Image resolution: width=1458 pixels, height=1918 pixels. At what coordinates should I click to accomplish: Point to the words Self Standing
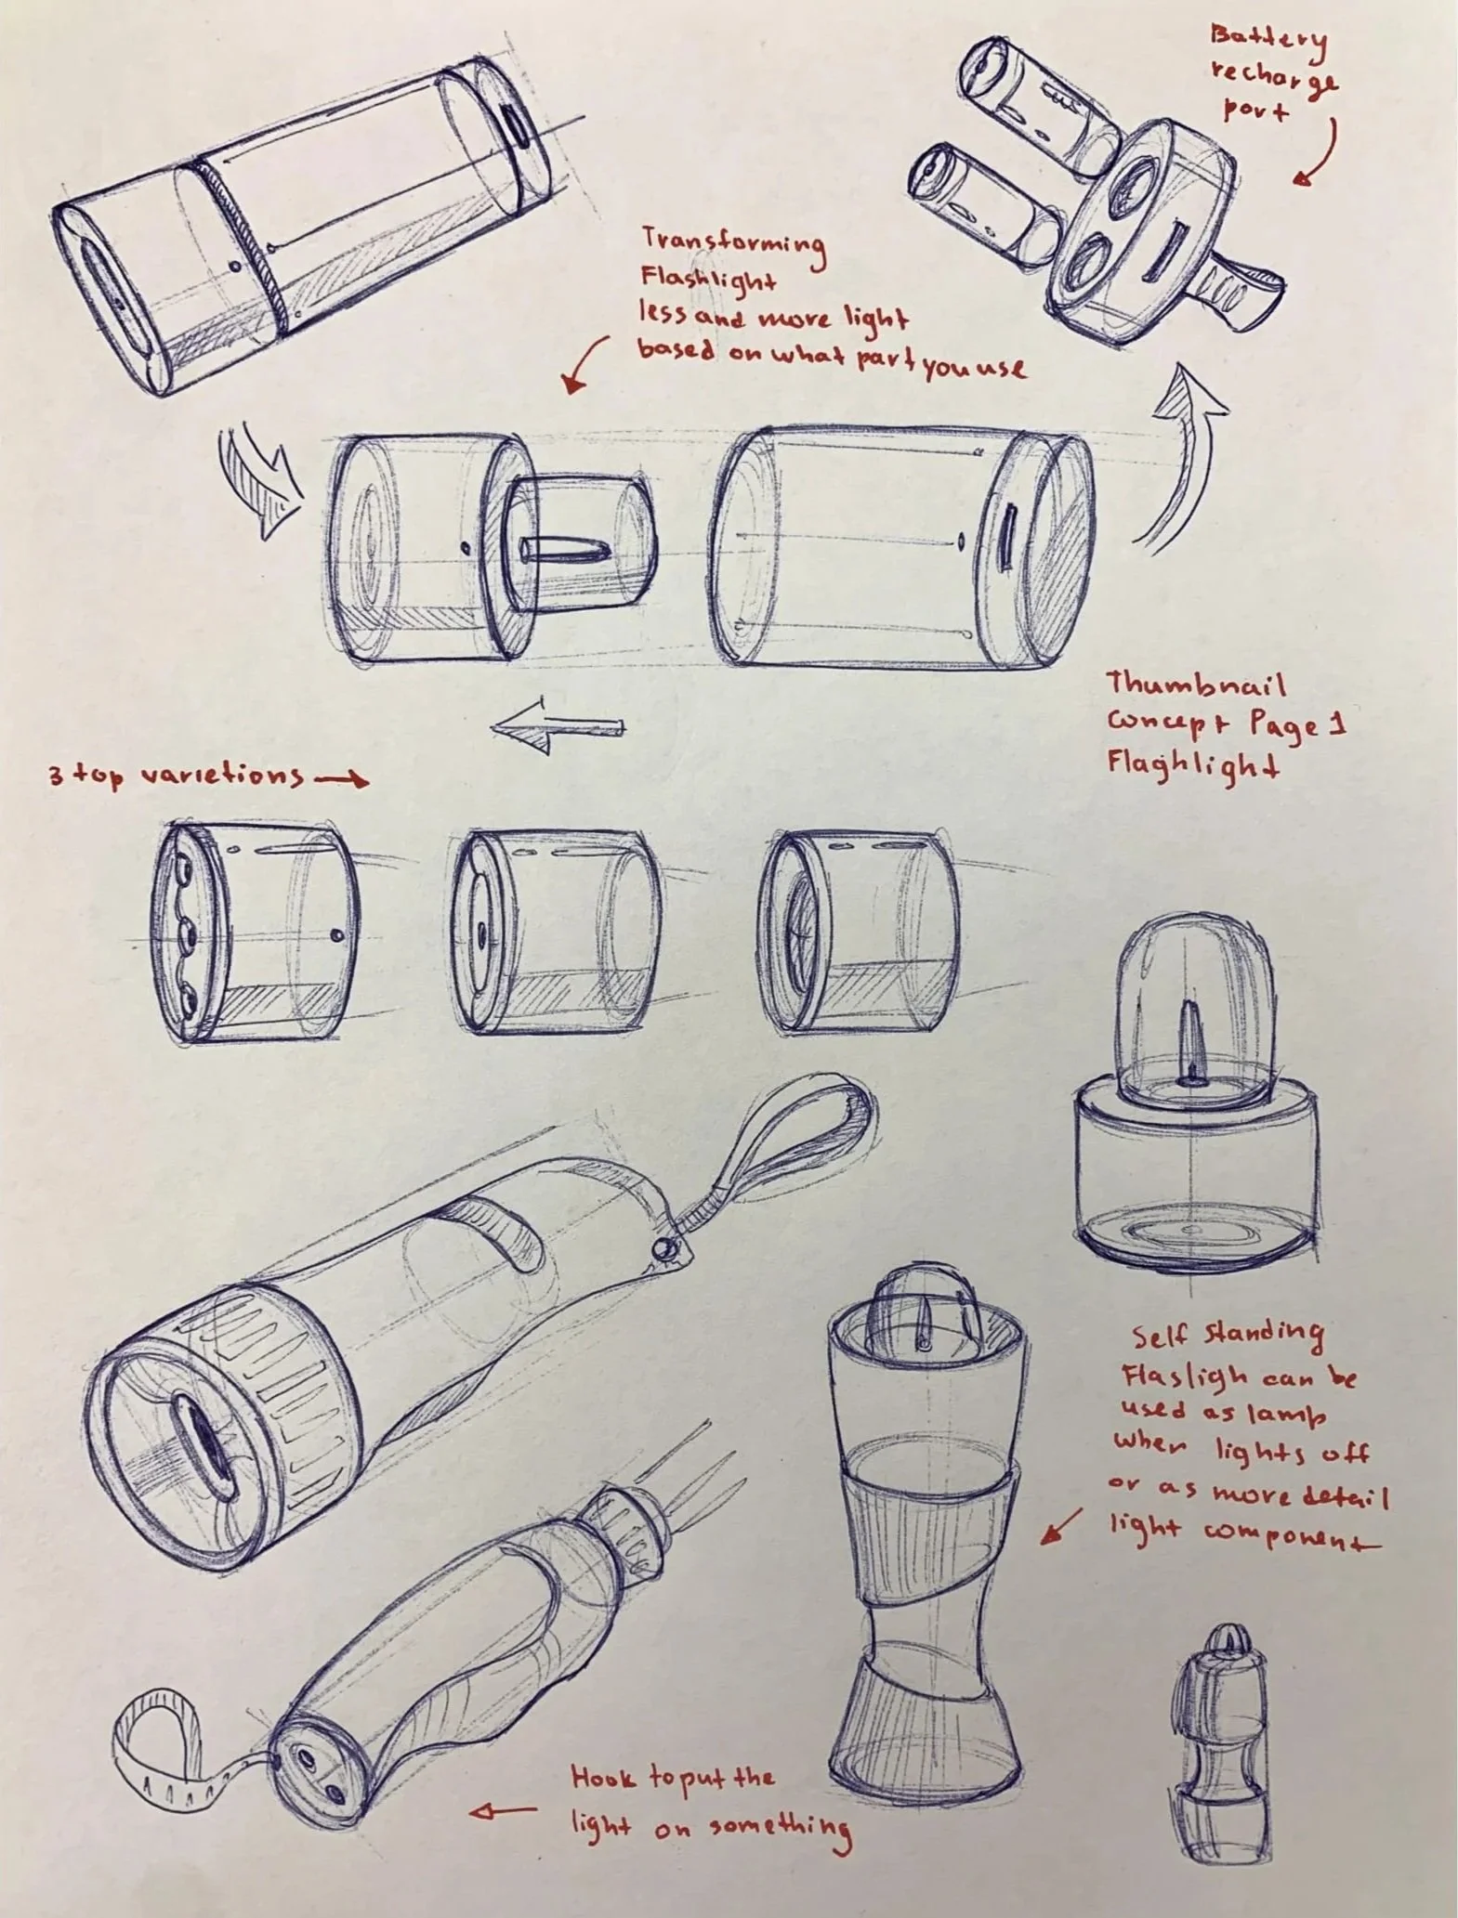[x=1227, y=1336]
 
